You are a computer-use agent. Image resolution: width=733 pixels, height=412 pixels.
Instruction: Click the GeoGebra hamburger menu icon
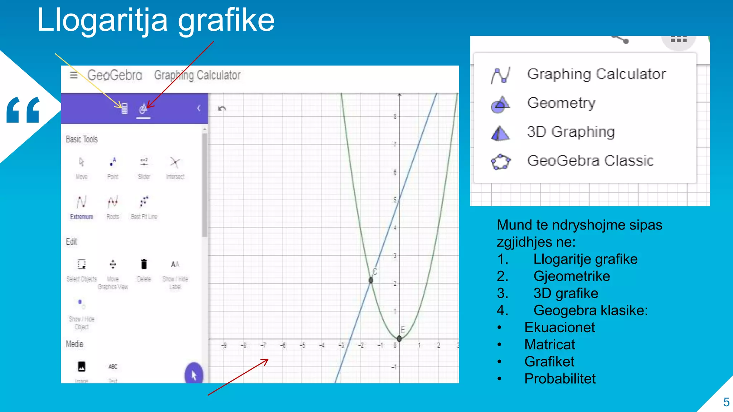coord(74,75)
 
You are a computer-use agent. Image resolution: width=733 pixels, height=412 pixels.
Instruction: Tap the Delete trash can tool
coord(144,264)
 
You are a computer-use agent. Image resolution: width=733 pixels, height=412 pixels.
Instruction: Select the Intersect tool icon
coord(175,163)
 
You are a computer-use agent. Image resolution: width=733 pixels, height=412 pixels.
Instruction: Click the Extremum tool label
coord(82,217)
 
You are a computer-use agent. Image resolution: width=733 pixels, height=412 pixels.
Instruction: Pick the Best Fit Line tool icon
coord(144,202)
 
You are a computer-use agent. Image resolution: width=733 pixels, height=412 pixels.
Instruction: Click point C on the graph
coord(371,280)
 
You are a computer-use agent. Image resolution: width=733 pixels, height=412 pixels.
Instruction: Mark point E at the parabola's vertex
coord(399,338)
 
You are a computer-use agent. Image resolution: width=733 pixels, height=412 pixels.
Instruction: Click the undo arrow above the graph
coord(222,108)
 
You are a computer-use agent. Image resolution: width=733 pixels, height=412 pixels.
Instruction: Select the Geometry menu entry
coord(561,103)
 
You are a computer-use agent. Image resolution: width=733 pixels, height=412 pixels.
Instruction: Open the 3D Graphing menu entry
coord(571,132)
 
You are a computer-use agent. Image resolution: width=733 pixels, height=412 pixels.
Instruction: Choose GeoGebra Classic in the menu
coord(590,161)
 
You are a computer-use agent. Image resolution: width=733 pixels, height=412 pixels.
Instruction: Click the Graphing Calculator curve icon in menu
coord(500,75)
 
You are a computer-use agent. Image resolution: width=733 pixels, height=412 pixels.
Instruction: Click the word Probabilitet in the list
coord(560,379)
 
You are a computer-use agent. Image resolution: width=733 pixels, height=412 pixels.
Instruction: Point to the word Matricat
coord(549,344)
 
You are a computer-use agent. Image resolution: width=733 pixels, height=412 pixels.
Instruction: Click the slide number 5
coord(726,402)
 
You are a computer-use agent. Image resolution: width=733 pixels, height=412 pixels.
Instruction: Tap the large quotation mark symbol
coord(23,109)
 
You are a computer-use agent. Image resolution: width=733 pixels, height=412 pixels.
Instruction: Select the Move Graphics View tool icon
coord(113,264)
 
